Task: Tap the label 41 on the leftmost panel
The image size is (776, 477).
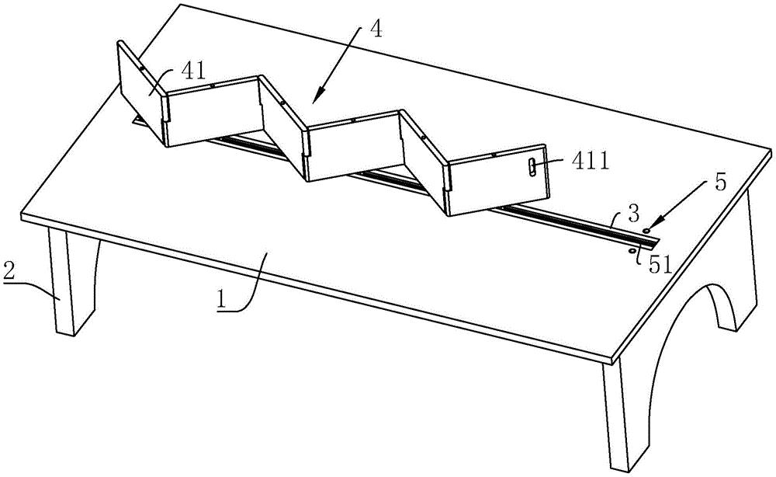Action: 194,72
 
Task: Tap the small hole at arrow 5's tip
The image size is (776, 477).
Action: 647,231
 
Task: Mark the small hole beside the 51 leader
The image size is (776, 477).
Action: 632,250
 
